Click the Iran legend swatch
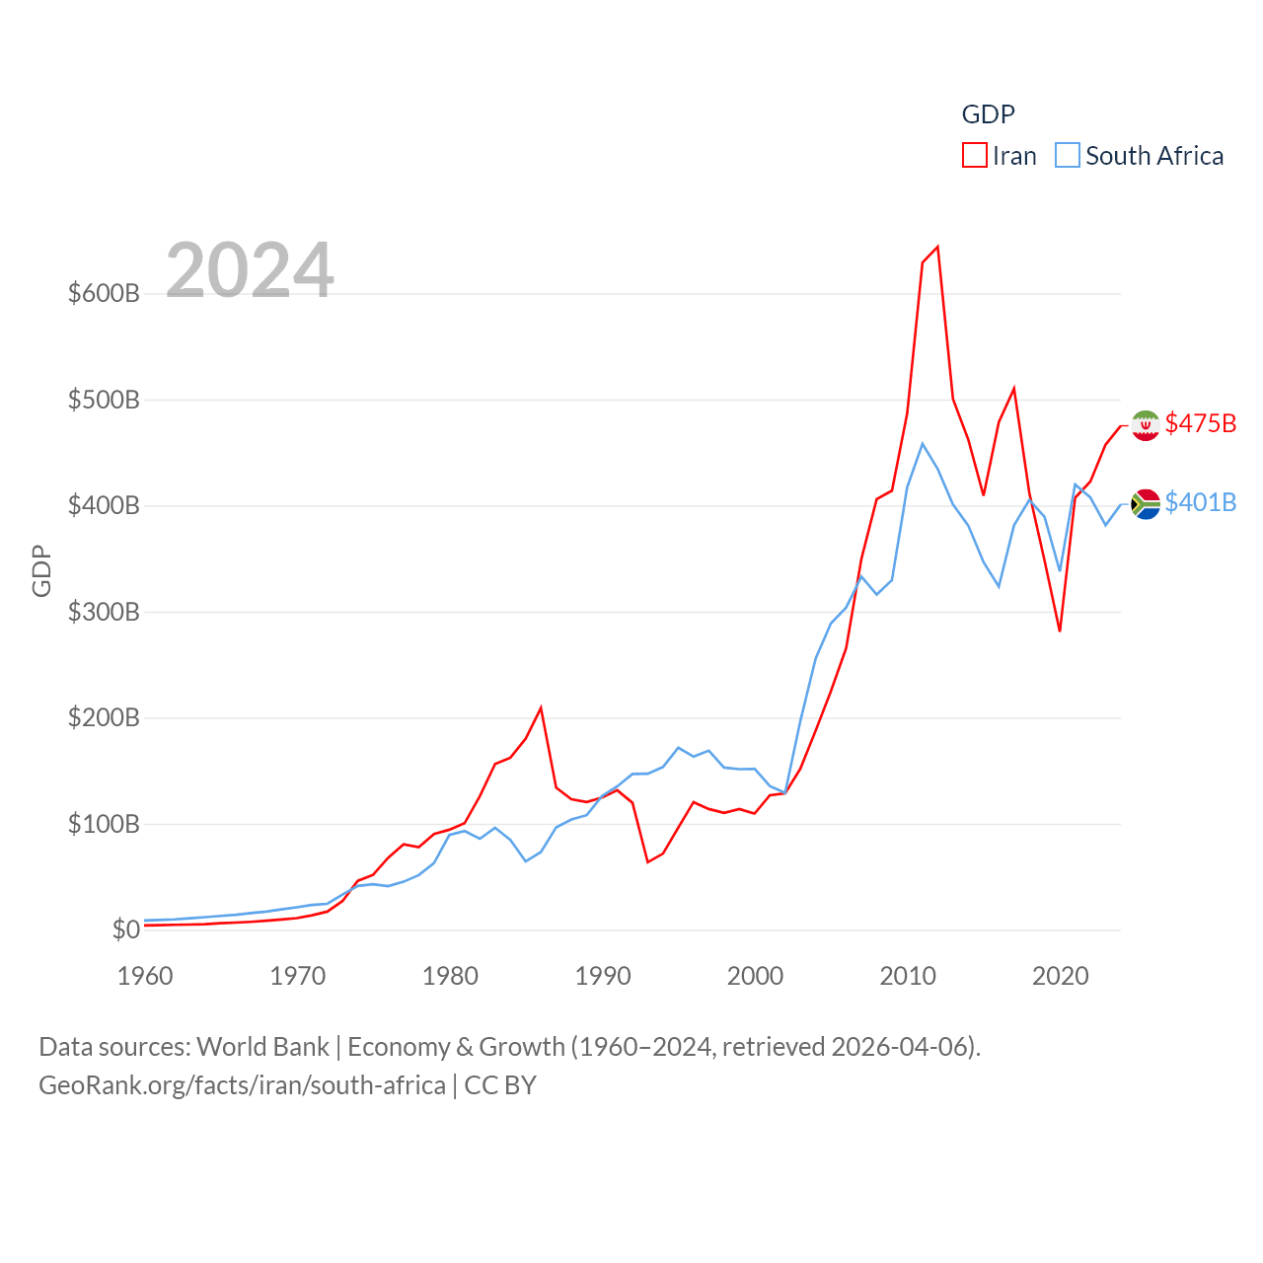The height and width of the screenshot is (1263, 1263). click(x=974, y=156)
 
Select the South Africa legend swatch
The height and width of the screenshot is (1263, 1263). click(x=1068, y=156)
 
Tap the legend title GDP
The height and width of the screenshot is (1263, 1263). click(x=988, y=114)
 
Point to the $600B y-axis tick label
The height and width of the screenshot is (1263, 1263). click(x=104, y=293)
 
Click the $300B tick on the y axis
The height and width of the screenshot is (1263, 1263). click(x=104, y=612)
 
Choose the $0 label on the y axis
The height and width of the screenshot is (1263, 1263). click(x=125, y=929)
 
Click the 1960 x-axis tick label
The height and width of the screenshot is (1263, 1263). click(x=145, y=976)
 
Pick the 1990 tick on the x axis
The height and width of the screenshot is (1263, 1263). click(x=603, y=976)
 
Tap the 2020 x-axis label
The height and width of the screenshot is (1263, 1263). click(x=1060, y=976)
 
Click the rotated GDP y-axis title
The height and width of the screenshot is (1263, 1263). click(x=41, y=570)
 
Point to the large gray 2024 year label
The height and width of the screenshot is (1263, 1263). click(x=250, y=270)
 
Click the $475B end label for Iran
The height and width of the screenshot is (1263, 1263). click(x=1200, y=423)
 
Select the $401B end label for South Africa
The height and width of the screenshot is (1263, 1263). click(x=1200, y=502)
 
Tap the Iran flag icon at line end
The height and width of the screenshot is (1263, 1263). click(x=1146, y=425)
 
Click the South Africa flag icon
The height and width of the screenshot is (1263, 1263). click(x=1146, y=503)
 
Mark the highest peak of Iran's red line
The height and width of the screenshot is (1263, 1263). click(x=937, y=247)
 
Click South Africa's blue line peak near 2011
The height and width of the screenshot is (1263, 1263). click(x=923, y=443)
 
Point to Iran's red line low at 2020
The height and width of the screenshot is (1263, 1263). click(x=1060, y=631)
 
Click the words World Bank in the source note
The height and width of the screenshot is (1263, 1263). click(x=262, y=1046)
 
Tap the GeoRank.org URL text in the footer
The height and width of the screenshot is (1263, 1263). click(x=242, y=1085)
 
